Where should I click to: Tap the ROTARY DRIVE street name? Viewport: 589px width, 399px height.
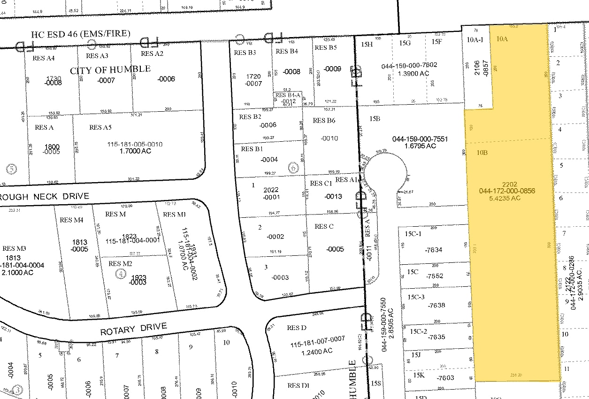pyautogui.click(x=133, y=329)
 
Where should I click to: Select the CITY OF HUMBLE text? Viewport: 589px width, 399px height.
pyautogui.click(x=110, y=70)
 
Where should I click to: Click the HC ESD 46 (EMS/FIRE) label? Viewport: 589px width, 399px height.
pyautogui.click(x=80, y=34)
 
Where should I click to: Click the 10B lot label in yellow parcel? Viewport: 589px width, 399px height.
pyautogui.click(x=482, y=153)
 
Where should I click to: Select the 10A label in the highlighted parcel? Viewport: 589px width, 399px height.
pyautogui.click(x=502, y=39)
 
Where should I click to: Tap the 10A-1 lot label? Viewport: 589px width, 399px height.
pyautogui.click(x=475, y=40)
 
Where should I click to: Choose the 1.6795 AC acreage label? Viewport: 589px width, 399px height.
pyautogui.click(x=414, y=146)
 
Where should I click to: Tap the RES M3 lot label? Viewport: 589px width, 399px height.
pyautogui.click(x=14, y=248)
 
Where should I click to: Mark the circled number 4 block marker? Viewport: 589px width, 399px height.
pyautogui.click(x=122, y=273)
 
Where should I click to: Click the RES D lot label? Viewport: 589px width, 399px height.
pyautogui.click(x=297, y=327)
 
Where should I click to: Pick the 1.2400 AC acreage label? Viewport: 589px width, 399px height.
pyautogui.click(x=318, y=351)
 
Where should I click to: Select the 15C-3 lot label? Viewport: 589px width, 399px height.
pyautogui.click(x=416, y=297)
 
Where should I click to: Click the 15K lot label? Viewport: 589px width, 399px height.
pyautogui.click(x=419, y=375)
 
